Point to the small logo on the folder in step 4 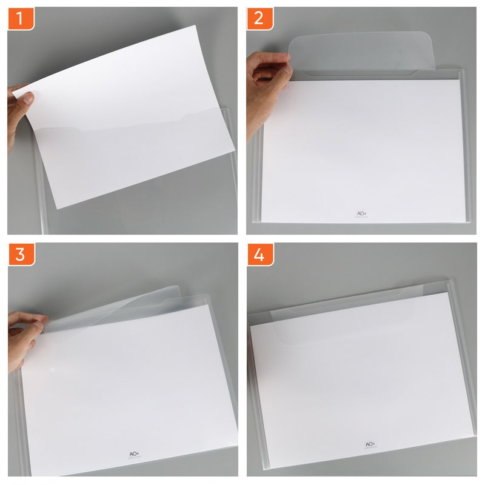click(369, 446)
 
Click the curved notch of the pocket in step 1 click(82, 128)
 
